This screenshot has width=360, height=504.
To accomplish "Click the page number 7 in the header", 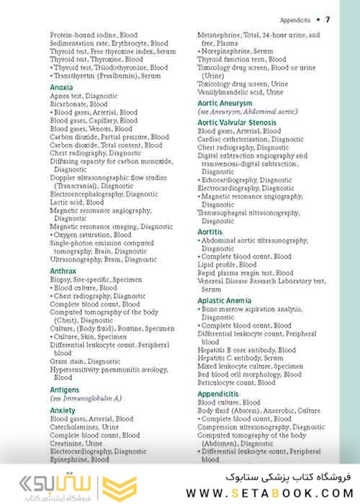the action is (328, 19).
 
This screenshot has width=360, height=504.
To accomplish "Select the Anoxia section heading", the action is (61, 87).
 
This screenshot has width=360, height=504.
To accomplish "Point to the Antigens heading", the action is (65, 390).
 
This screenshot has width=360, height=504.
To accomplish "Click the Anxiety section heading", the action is (63, 410).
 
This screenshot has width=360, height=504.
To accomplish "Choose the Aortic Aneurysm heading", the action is (227, 104).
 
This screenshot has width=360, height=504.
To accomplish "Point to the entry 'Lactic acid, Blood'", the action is (77, 203).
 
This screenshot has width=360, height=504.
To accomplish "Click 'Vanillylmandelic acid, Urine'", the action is (240, 92).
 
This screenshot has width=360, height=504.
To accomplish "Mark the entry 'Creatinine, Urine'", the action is (76, 444).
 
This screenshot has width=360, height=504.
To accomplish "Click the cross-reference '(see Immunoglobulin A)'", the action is (86, 398).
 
